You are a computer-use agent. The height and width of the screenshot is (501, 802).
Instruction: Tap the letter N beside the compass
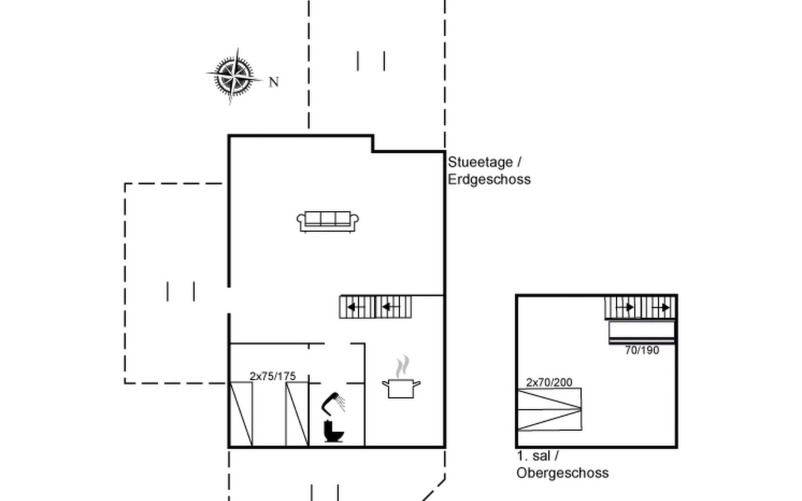click(274, 82)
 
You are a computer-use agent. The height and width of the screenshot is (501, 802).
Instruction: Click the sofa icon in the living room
click(327, 221)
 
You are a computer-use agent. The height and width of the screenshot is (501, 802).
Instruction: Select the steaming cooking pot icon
click(401, 387)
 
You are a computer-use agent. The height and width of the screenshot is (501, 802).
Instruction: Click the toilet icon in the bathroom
click(333, 431)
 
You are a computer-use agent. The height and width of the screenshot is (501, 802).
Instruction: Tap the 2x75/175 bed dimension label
click(272, 376)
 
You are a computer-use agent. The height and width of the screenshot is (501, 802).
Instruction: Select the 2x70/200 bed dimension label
click(549, 382)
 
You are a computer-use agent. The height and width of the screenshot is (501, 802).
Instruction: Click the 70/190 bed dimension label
click(642, 350)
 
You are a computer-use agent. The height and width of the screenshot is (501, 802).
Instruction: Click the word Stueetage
click(480, 162)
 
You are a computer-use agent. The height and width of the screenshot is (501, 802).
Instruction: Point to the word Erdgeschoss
click(489, 180)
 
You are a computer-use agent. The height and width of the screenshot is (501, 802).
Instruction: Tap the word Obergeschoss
click(562, 473)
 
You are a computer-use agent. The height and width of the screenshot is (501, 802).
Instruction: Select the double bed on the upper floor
click(549, 409)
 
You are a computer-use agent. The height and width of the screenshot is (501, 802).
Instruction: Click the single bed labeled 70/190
click(642, 331)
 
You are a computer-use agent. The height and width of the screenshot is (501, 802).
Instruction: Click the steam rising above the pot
click(403, 366)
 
